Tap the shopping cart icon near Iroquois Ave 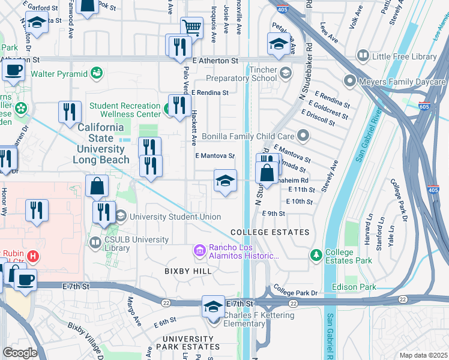tap(191, 27)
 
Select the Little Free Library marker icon tap(363, 56)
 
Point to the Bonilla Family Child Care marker tap(303, 136)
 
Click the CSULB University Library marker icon tap(95, 243)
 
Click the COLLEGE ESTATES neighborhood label tap(270, 232)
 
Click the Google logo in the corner tap(19, 353)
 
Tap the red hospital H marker tap(33, 256)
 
